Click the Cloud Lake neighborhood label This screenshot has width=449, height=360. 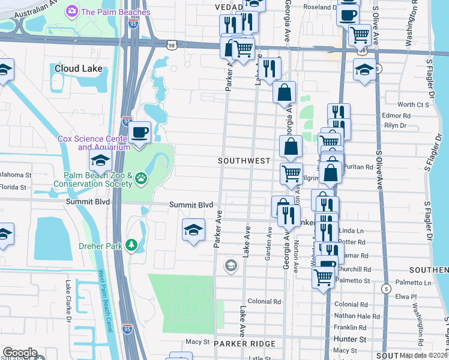pyautogui.click(x=79, y=68)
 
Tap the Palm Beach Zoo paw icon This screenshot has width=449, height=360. pyautogui.click(x=141, y=177)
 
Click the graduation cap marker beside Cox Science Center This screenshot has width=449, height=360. pyautogui.click(x=100, y=160)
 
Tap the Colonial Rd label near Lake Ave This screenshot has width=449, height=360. pyautogui.click(x=264, y=302)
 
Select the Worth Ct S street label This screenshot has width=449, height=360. pyautogui.click(x=414, y=105)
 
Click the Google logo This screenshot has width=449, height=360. pyautogui.click(x=20, y=353)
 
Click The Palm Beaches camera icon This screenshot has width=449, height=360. pyautogui.click(x=72, y=11)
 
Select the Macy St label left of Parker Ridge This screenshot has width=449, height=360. pyautogui.click(x=196, y=342)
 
